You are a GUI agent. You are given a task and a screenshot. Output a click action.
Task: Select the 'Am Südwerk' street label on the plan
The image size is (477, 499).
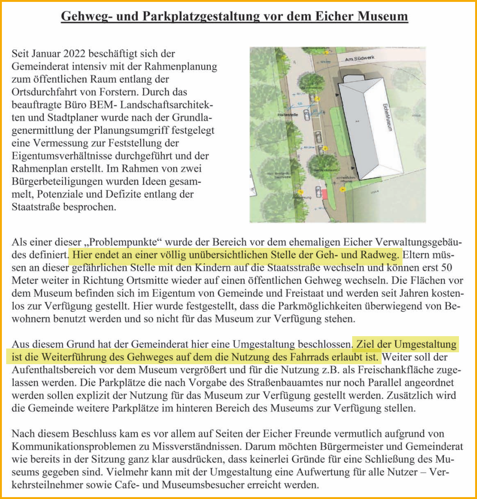360,59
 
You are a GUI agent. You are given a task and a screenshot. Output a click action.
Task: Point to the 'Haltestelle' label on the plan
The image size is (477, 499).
287,114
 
